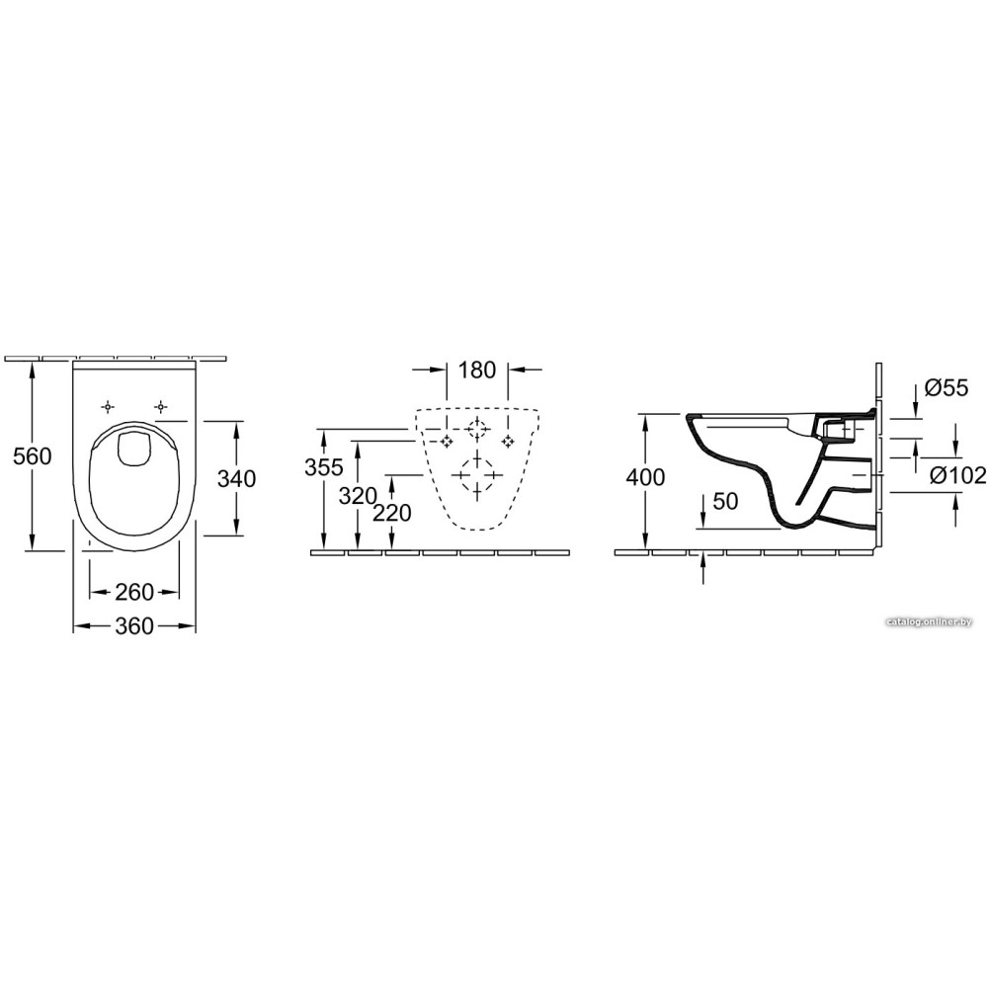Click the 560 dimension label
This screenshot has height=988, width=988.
(x=33, y=455)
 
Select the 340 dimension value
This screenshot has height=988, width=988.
(x=236, y=479)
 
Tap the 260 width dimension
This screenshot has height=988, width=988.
(x=134, y=592)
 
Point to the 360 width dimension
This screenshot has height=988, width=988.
(x=134, y=625)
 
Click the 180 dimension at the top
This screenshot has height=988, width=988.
(x=477, y=370)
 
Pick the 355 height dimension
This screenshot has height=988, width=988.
(x=324, y=467)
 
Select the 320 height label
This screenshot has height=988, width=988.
(x=358, y=497)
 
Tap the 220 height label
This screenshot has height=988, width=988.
(x=392, y=513)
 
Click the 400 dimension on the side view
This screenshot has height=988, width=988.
(x=645, y=477)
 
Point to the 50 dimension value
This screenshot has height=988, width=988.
(x=725, y=502)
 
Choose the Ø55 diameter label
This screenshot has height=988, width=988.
(x=946, y=388)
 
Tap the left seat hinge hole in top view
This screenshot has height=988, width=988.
(x=109, y=407)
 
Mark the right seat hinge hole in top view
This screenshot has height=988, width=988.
(x=162, y=407)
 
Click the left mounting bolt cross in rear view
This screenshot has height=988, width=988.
(x=447, y=441)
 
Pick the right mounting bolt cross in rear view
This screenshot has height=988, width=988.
(x=508, y=441)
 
